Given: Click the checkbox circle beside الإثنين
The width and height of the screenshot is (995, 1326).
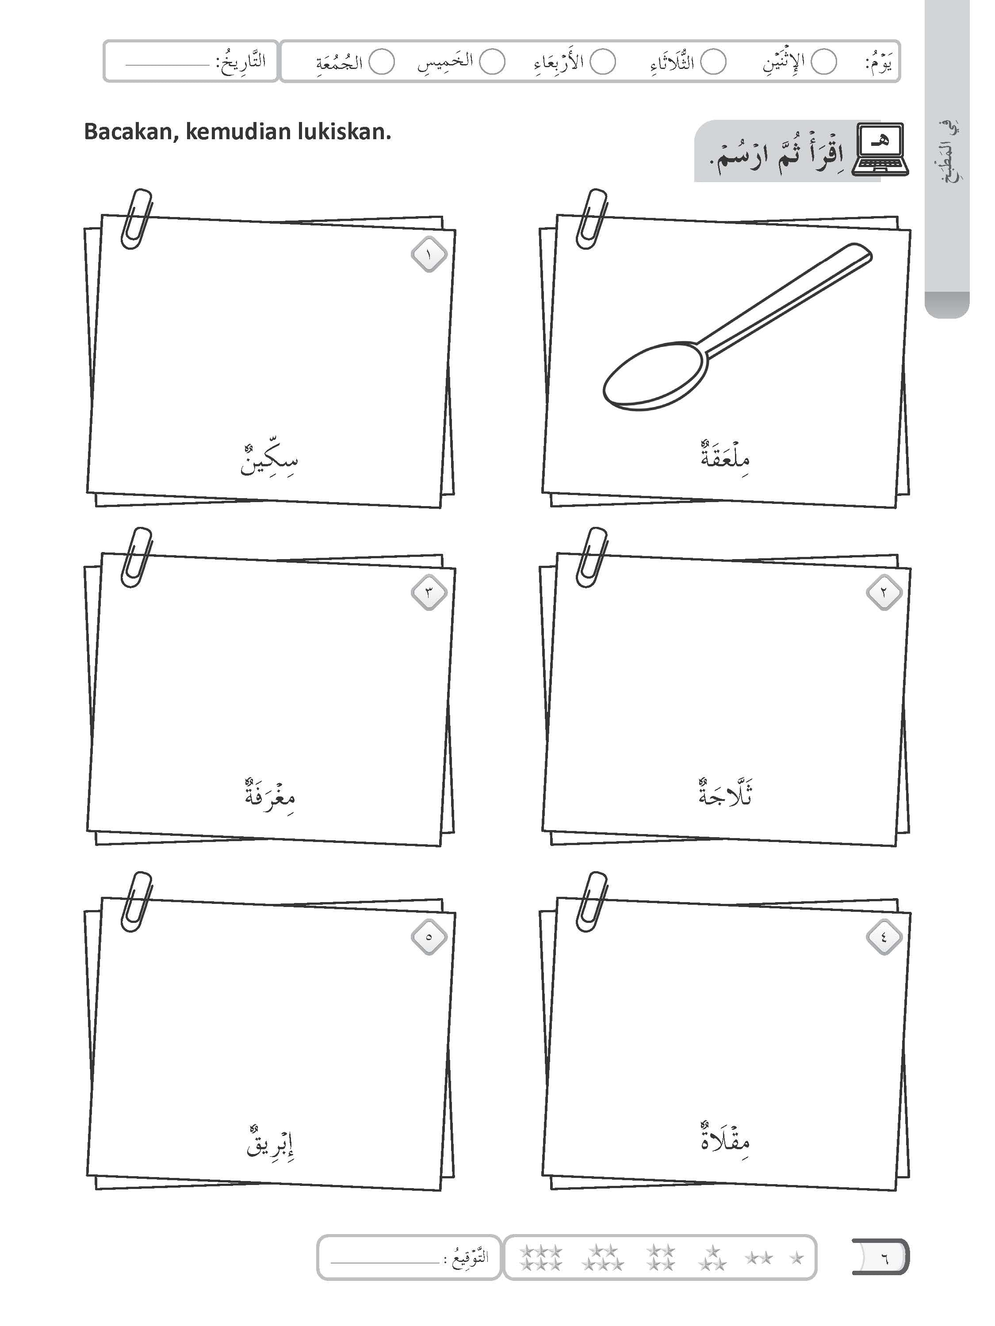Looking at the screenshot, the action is click(823, 62).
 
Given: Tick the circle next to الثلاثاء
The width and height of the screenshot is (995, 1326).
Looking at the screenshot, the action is click(713, 62).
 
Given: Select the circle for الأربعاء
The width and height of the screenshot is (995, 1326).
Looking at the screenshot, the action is click(603, 62).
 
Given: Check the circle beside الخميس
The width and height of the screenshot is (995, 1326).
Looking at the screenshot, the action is click(492, 62).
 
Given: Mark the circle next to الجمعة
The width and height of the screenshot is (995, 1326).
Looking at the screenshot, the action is click(382, 62).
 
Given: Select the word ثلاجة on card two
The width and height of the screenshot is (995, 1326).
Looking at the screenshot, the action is click(725, 792).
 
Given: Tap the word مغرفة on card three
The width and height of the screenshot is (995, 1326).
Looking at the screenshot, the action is click(270, 795).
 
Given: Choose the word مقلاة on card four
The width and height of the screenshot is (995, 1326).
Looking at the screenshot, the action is click(725, 1137).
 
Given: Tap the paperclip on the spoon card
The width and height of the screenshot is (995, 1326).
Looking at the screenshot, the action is click(591, 219).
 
